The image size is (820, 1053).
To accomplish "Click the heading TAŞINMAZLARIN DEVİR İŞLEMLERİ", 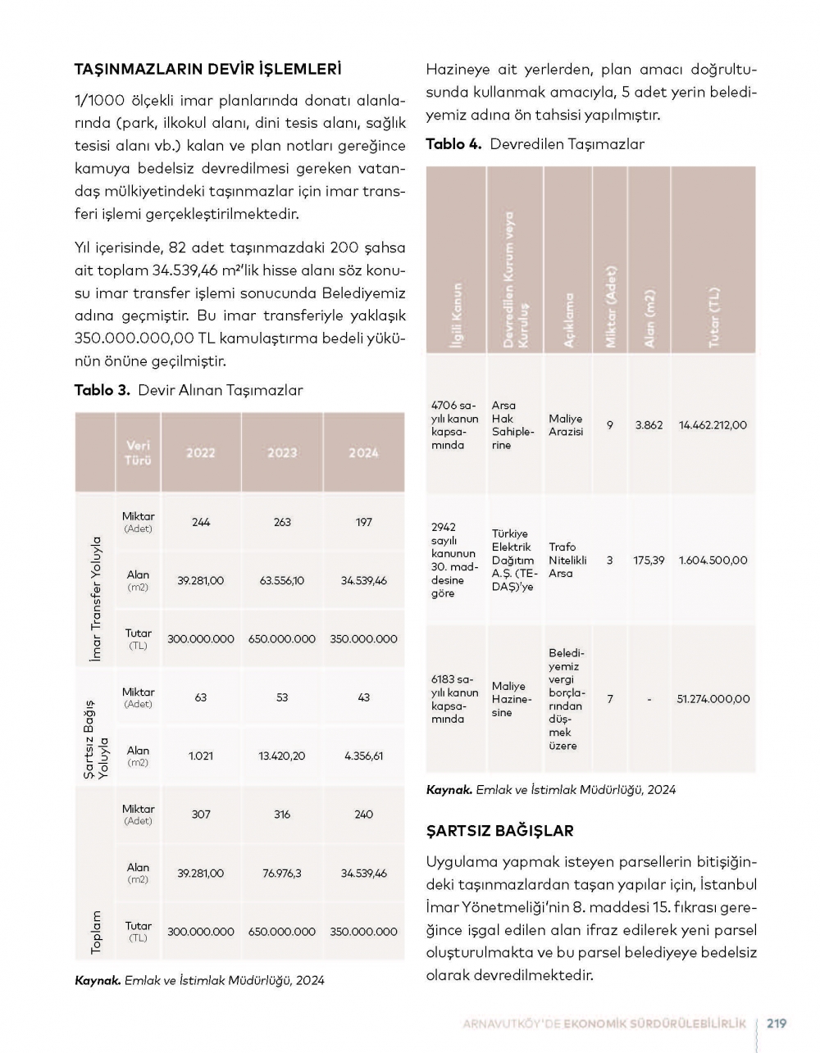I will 207,69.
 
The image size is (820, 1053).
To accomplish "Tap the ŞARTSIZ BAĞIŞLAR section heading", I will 499,830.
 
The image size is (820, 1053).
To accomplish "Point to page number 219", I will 776,1023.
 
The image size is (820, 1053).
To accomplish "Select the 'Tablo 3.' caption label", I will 102,390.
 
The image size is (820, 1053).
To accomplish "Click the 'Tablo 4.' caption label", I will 453,144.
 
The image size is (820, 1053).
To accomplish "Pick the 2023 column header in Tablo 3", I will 282,452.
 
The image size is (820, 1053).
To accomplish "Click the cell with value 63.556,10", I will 282,581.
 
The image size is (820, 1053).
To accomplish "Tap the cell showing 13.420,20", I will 282,756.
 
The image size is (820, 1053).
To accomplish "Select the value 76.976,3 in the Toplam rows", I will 282,874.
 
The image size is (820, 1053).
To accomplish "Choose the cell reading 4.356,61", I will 363,756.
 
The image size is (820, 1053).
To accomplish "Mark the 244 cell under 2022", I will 201,522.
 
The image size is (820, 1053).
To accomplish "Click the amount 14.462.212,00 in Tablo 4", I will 713,425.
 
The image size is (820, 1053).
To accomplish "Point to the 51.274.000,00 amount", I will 713,699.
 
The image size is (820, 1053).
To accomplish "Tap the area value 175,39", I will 649,561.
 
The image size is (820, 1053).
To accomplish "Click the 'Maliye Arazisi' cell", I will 566,425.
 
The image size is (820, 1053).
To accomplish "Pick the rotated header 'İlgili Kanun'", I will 457,316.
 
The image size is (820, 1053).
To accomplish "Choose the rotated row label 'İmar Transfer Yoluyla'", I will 96,598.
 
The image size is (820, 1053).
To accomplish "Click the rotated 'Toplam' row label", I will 96,932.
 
